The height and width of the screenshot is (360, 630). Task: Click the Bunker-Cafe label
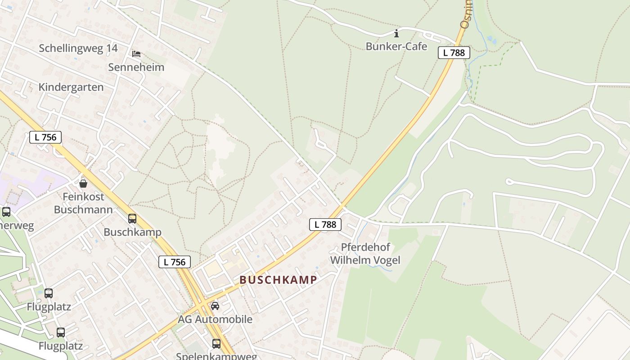pyautogui.click(x=396, y=46)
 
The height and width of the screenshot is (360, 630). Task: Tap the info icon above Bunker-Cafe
pyautogui.click(x=396, y=33)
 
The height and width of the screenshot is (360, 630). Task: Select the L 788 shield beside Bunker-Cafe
pyautogui.click(x=454, y=53)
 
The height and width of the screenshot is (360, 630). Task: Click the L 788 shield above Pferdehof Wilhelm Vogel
pyautogui.click(x=325, y=225)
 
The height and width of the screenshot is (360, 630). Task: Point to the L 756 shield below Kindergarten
pyautogui.click(x=45, y=137)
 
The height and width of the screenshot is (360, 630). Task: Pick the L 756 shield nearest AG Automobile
pyautogui.click(x=175, y=262)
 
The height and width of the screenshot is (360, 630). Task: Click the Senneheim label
pyautogui.click(x=136, y=67)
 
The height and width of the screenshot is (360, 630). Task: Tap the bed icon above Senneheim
pyautogui.click(x=136, y=54)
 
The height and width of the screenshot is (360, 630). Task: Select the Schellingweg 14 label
pyautogui.click(x=78, y=48)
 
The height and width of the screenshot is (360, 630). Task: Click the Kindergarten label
pyautogui.click(x=71, y=87)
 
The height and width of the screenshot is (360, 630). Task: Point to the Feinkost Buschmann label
pyautogui.click(x=83, y=203)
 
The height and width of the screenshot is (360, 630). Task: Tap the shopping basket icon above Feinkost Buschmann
pyautogui.click(x=83, y=183)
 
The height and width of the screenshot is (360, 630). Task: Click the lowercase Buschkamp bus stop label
pyautogui.click(x=132, y=232)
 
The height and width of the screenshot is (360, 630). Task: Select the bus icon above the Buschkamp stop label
pyautogui.click(x=132, y=219)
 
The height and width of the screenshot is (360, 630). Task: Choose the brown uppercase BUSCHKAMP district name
pyautogui.click(x=278, y=279)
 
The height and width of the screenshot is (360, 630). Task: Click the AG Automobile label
pyautogui.click(x=215, y=319)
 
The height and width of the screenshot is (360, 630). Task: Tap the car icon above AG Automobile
pyautogui.click(x=215, y=306)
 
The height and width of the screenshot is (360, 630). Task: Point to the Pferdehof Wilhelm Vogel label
pyautogui.click(x=365, y=253)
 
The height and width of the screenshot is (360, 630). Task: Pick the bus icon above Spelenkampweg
pyautogui.click(x=216, y=344)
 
